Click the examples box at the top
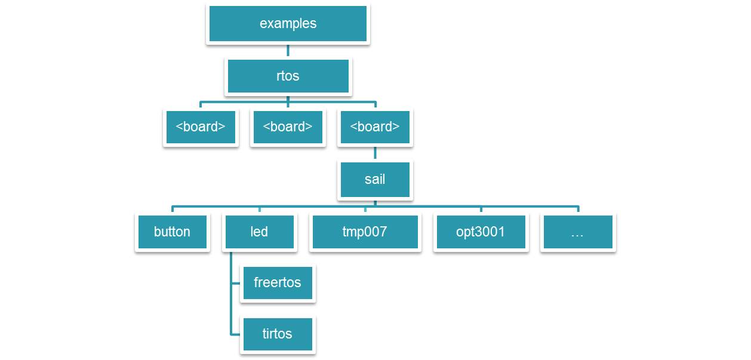[288, 24]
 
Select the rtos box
[288, 76]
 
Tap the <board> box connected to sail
[375, 127]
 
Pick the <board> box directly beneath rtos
[288, 127]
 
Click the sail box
[375, 179]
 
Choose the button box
[172, 232]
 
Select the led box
[259, 232]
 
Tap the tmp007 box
[365, 232]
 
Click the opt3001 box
[481, 232]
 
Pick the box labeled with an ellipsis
[577, 232]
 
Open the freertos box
[278, 282]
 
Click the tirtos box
[278, 333]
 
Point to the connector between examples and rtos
[288, 51]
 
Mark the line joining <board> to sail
[375, 153]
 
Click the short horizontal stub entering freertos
[236, 282]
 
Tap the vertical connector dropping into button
[173, 210]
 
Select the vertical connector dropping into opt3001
[481, 210]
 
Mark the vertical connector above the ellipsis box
[578, 210]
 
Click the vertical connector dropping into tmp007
[365, 210]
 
